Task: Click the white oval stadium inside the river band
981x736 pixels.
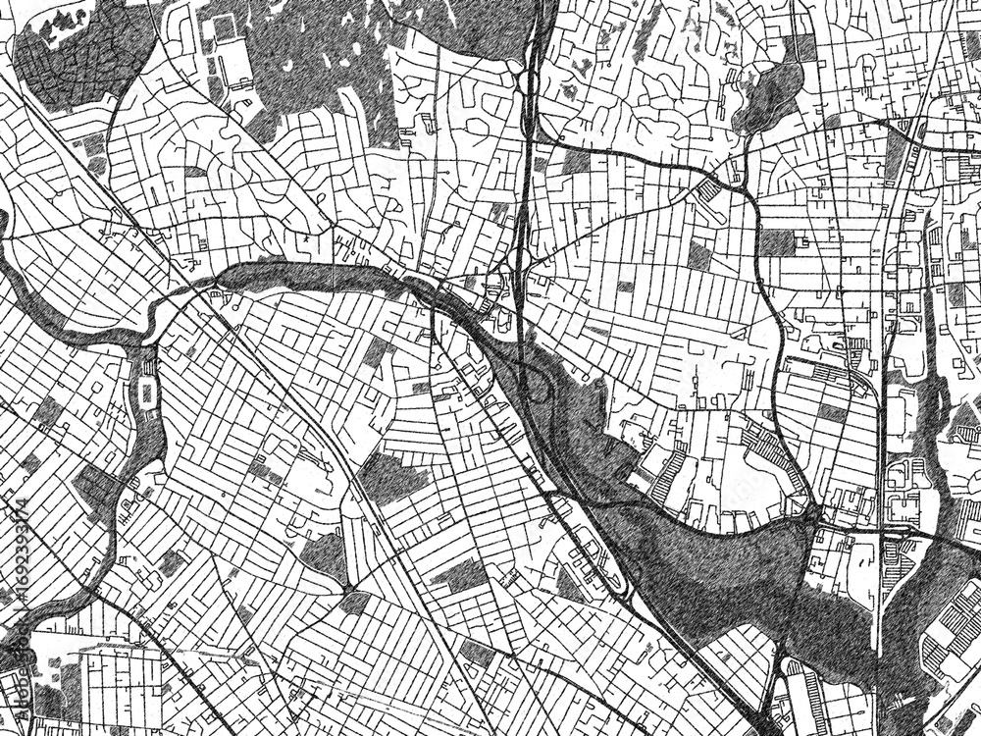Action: (148, 394)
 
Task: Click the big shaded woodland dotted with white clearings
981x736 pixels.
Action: (324, 59)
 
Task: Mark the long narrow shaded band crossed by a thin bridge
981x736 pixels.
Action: (294, 273)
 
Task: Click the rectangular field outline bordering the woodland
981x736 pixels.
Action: (225, 49)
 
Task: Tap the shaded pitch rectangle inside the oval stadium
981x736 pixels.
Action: (148, 394)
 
